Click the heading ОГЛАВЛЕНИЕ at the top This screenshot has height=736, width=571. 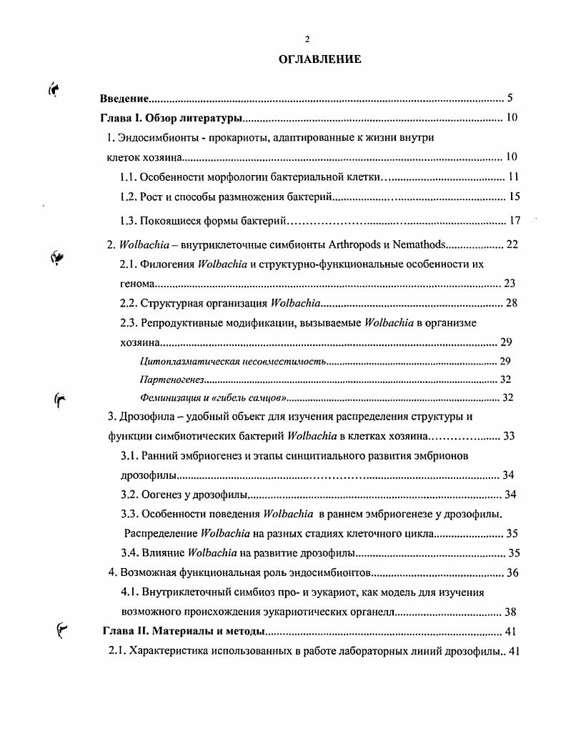coord(319,59)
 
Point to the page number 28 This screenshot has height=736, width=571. coord(511,303)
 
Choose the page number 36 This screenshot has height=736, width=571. coord(512,572)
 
